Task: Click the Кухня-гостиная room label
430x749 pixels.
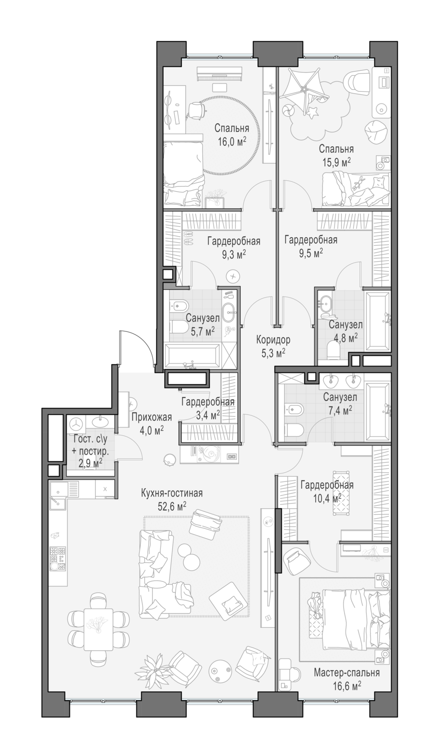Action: [x=172, y=493]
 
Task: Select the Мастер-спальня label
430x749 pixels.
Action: [x=347, y=673]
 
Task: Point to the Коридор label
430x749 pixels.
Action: [x=273, y=340]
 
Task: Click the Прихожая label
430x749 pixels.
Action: [x=151, y=417]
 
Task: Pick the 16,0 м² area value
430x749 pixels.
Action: [x=232, y=142]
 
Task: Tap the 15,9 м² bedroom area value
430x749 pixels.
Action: [x=336, y=162]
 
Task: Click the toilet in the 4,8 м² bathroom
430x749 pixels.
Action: [x=334, y=351]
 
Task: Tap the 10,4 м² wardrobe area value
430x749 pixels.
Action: [x=321, y=498]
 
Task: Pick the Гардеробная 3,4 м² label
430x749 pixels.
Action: [x=208, y=408]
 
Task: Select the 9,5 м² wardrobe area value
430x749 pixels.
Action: [x=311, y=253]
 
